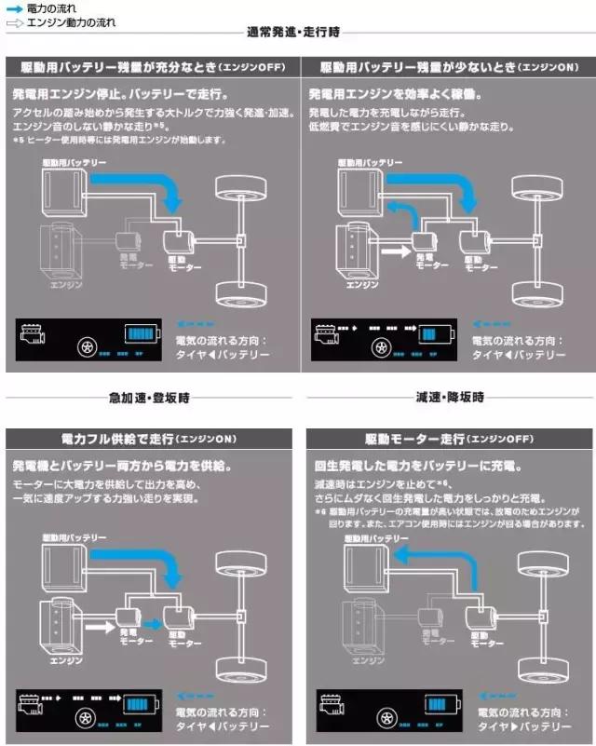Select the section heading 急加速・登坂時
(149, 398)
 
